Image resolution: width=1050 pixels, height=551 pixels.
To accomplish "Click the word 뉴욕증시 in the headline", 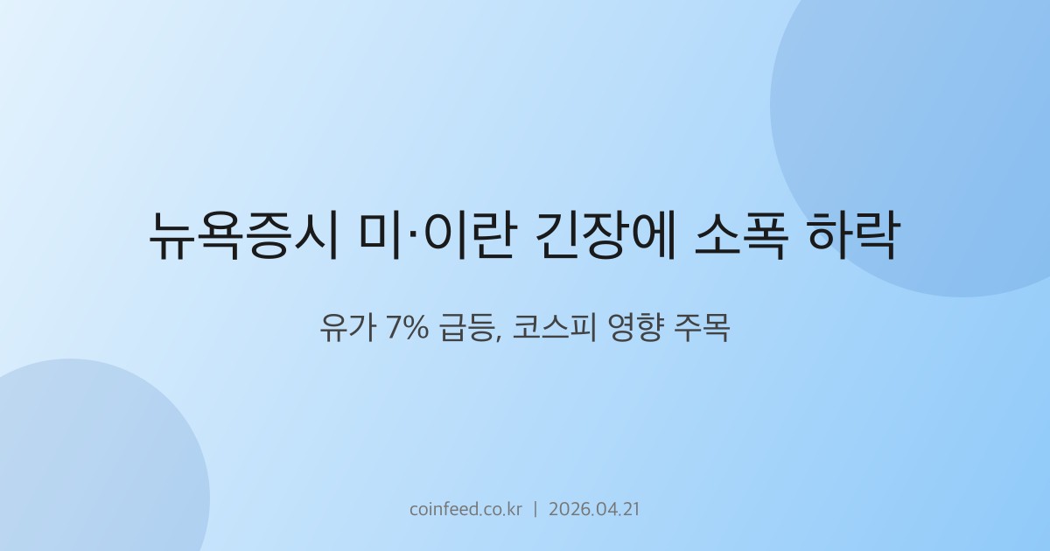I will [x=244, y=234].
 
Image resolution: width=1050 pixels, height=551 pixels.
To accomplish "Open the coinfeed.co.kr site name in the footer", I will [x=465, y=509].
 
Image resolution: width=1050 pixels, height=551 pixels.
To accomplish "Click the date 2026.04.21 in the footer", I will [x=594, y=509].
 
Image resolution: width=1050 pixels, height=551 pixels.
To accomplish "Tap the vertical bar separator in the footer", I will [x=535, y=509].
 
